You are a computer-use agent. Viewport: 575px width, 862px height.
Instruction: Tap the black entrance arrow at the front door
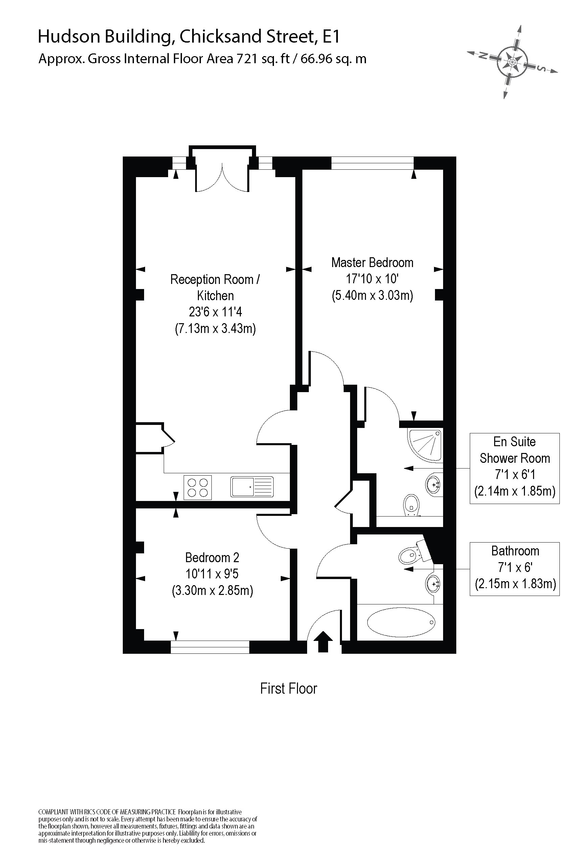pos(323,641)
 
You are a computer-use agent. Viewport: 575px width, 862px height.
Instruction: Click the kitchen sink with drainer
pos(252,487)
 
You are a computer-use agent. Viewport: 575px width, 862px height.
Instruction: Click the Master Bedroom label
pos(372,262)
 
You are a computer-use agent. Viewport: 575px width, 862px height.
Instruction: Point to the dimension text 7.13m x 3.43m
pos(215,328)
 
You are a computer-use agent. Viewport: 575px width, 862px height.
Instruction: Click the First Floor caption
pos(289,689)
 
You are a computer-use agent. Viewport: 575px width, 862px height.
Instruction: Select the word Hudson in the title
pos(69,36)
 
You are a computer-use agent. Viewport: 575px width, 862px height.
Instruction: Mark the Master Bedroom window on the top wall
pos(372,163)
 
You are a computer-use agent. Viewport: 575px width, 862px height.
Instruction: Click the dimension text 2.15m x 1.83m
pos(515,583)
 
